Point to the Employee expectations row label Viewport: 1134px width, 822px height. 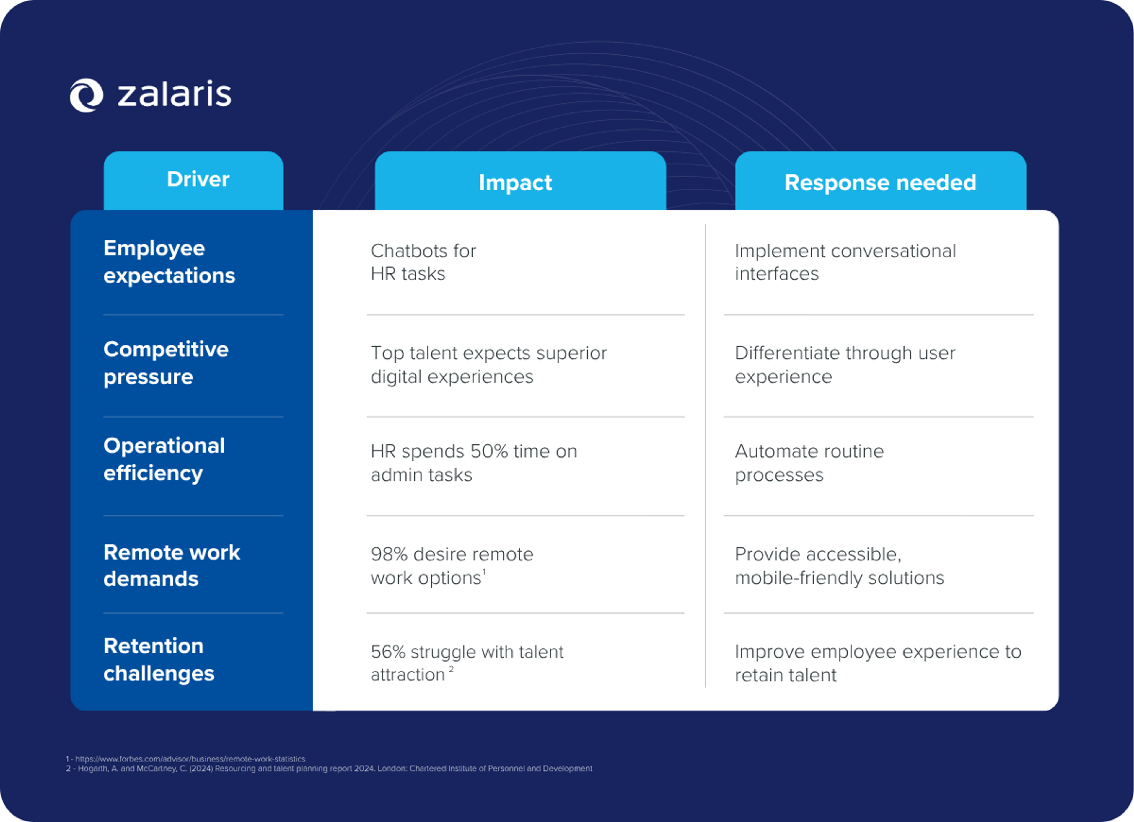(169, 262)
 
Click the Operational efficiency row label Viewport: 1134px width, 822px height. (164, 459)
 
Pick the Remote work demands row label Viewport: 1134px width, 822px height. (172, 565)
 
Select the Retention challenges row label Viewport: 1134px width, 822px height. (159, 660)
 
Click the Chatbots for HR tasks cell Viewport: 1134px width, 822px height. (423, 262)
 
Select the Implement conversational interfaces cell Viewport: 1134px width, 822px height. (845, 262)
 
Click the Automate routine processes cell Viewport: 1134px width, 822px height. (809, 463)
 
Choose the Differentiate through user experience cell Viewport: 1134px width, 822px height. (845, 365)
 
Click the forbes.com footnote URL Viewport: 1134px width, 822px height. (190, 759)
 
